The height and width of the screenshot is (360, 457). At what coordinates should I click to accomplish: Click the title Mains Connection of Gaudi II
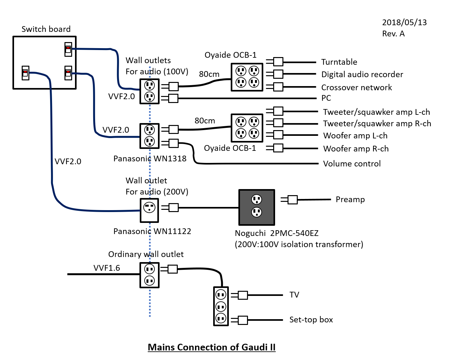point(212,347)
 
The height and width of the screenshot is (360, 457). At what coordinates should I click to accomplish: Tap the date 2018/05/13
point(404,22)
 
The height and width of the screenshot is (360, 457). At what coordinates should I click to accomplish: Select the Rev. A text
point(393,33)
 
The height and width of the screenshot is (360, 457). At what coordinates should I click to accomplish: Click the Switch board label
point(46,29)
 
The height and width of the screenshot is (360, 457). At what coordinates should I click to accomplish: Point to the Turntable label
point(339,62)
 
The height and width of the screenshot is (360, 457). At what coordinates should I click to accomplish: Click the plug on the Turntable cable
point(275,62)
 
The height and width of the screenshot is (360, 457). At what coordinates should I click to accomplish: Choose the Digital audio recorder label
point(362,74)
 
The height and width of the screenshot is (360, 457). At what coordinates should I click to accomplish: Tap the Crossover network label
point(356,87)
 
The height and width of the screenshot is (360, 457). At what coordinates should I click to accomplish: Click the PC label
point(326,98)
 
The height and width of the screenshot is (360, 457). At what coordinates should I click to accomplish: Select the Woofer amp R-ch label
point(356,149)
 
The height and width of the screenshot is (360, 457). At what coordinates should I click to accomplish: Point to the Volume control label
point(352,164)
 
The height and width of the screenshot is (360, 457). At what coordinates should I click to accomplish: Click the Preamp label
point(350,199)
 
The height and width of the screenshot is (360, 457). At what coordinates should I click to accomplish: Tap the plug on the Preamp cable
point(289,200)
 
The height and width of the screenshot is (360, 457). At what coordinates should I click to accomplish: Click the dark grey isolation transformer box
point(257,207)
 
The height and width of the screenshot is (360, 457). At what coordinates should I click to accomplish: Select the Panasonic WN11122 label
point(152,231)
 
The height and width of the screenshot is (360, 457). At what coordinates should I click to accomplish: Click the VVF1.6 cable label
point(107,268)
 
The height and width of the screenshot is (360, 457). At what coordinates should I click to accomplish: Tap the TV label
point(294,295)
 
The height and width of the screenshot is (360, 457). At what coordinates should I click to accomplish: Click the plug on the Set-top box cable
point(240,320)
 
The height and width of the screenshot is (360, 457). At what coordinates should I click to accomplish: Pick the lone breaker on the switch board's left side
point(26,73)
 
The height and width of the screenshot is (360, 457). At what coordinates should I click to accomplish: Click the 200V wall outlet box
point(149,210)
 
